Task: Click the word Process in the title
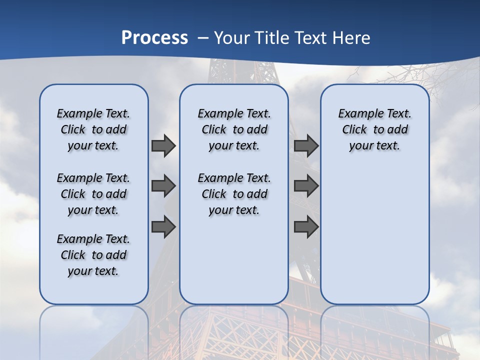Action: (154, 37)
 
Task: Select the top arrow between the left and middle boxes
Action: (163, 145)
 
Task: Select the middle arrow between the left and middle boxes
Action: (163, 186)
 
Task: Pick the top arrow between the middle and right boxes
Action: (306, 145)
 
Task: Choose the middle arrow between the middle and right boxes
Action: (306, 186)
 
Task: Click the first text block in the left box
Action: (93, 129)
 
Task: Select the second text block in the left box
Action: (93, 194)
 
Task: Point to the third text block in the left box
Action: (93, 255)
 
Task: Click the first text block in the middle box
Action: (234, 129)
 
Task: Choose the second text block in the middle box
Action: (234, 194)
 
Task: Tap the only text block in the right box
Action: (374, 129)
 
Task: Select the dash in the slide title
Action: (203, 38)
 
